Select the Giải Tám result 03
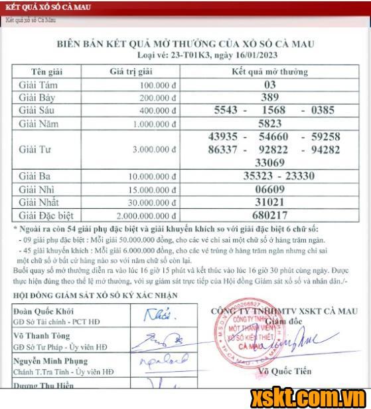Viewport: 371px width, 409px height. pyautogui.click(x=269, y=85)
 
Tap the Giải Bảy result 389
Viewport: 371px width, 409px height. pyautogui.click(x=269, y=97)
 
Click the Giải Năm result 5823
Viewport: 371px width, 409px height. pyautogui.click(x=269, y=123)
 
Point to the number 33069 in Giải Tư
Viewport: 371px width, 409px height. pyautogui.click(x=269, y=162)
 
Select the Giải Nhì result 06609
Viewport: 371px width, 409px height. pyautogui.click(x=269, y=190)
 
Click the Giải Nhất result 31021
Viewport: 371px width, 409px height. pyautogui.click(x=269, y=203)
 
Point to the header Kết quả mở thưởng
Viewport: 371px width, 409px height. pyautogui.click(x=269, y=72)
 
